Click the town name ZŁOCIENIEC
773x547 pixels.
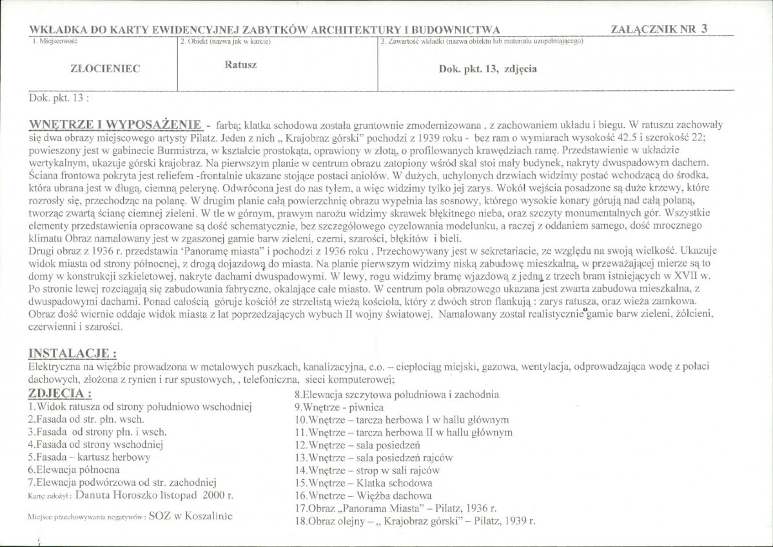(x=104, y=68)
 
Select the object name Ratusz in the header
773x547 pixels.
(x=240, y=64)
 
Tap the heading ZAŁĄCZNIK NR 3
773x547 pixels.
(x=658, y=28)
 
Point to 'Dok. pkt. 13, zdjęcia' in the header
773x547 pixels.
(x=487, y=68)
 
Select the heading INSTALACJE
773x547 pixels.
(x=73, y=353)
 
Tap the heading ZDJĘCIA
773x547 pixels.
(x=60, y=393)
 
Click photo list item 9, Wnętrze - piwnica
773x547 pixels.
(x=338, y=407)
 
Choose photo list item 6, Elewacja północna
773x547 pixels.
(x=74, y=469)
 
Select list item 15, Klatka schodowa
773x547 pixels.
(x=363, y=483)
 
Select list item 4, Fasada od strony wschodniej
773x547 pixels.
(x=96, y=444)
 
